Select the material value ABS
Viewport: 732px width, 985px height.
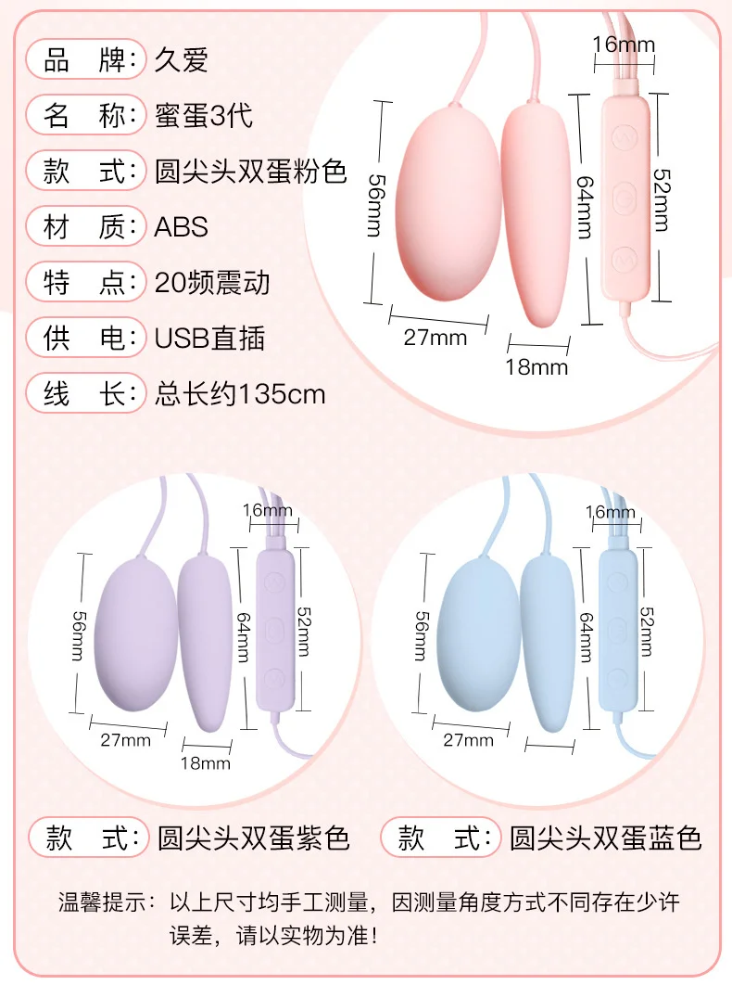click(181, 227)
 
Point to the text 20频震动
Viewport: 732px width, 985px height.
click(212, 283)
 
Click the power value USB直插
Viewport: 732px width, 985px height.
click(209, 339)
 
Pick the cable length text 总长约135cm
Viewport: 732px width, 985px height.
click(239, 394)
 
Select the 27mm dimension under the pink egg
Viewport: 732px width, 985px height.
click(435, 338)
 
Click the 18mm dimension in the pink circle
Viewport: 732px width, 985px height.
click(536, 367)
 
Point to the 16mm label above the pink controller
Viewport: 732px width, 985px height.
click(624, 44)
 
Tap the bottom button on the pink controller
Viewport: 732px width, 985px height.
click(625, 257)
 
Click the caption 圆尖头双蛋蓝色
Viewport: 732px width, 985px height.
click(605, 839)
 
